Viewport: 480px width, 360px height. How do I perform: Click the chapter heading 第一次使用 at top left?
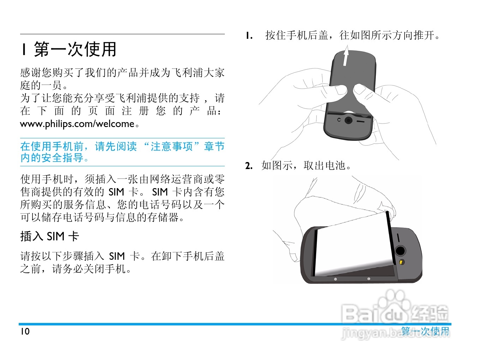(75, 49)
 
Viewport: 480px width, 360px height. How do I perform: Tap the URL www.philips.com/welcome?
(77, 124)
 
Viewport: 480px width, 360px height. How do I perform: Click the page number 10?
(25, 331)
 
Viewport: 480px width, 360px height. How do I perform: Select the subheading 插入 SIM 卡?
(49, 236)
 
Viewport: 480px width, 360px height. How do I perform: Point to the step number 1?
(249, 36)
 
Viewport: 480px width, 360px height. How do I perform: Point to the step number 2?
(249, 166)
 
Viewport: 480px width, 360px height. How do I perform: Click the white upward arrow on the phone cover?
(346, 56)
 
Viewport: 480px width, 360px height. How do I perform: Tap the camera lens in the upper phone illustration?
(348, 120)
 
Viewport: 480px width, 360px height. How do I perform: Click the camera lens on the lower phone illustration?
(400, 251)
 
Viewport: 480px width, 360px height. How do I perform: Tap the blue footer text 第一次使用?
(425, 331)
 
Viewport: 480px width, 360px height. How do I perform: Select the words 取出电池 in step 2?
(324, 166)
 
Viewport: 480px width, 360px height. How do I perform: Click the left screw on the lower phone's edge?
(335, 279)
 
